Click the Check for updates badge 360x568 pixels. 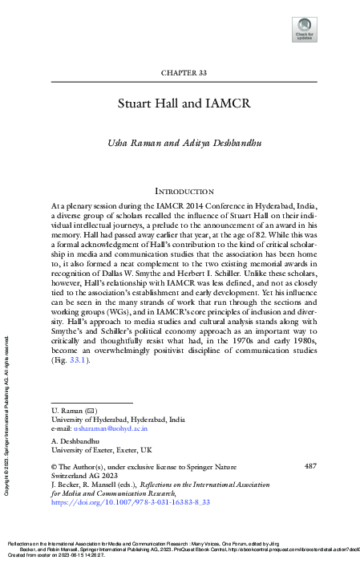305,29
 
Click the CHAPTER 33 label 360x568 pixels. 184,73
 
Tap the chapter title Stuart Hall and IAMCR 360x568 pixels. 184,103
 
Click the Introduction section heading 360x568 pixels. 184,192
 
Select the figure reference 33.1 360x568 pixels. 77,361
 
